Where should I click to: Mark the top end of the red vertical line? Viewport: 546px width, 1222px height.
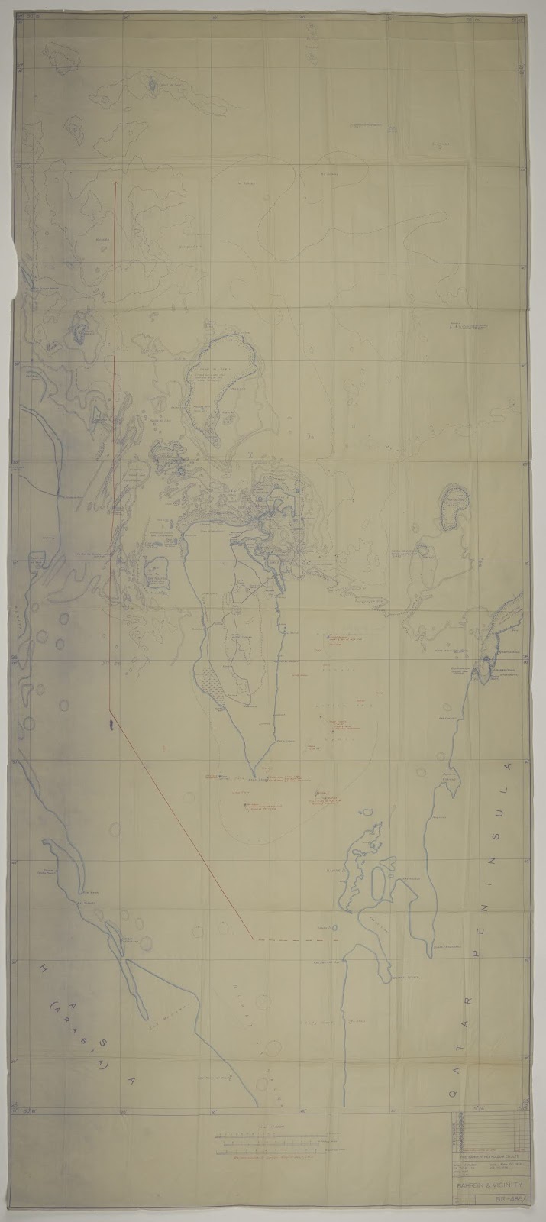pos(115,183)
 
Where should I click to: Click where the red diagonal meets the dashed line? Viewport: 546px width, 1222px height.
pos(253,937)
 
